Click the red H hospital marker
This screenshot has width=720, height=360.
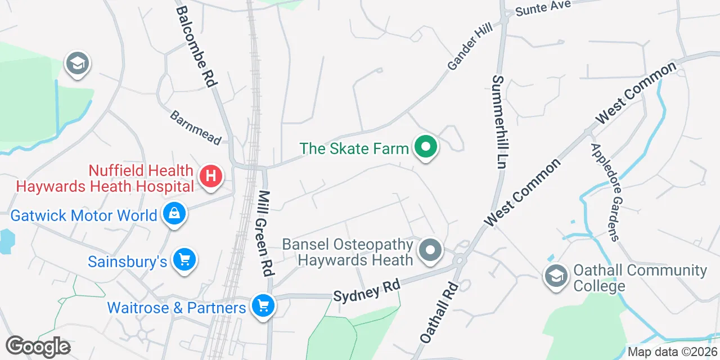(211, 177)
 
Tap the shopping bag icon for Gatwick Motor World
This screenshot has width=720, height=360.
(174, 214)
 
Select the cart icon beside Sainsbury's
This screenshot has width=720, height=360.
(184, 260)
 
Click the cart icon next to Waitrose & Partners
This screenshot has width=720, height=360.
(262, 306)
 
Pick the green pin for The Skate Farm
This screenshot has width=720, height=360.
(426, 148)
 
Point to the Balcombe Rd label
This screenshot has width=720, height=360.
(196, 46)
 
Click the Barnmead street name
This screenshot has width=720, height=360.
(196, 127)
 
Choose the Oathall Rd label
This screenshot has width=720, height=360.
(440, 312)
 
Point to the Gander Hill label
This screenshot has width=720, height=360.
(470, 47)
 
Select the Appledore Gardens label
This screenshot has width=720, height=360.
(605, 191)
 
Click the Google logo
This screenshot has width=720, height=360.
(38, 346)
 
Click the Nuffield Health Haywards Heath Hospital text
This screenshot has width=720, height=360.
(105, 177)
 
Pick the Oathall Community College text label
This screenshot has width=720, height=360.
(640, 278)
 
